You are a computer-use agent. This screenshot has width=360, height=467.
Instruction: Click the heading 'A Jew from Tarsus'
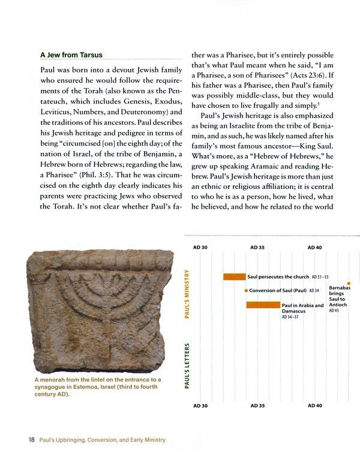[x=71, y=55]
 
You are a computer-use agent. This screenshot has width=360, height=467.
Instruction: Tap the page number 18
[x=31, y=440]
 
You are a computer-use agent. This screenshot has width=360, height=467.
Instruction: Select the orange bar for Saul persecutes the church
[x=234, y=277]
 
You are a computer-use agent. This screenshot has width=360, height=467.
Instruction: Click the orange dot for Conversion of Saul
[x=246, y=291]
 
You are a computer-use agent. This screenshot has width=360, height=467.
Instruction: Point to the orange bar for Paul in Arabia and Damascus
[x=263, y=305]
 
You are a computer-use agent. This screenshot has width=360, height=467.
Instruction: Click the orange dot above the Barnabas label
[x=349, y=283]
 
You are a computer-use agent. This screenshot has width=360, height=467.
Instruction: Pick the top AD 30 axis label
[x=200, y=248]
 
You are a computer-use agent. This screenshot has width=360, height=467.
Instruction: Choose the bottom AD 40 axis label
[x=315, y=406]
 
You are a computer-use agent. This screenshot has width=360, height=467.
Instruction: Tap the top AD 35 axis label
[x=257, y=248]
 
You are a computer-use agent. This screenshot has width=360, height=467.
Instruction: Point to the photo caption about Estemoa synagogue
[x=97, y=387]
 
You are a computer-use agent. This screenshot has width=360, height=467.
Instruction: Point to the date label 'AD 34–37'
[x=293, y=317]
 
